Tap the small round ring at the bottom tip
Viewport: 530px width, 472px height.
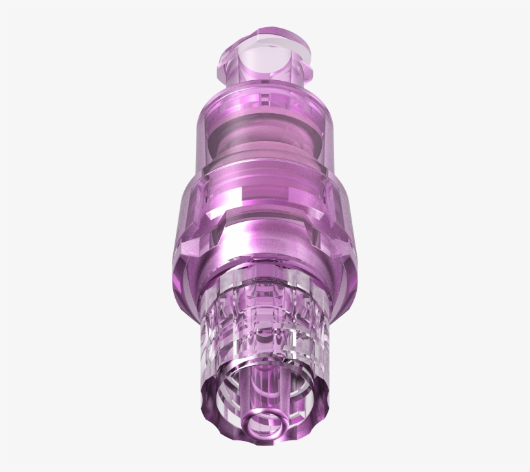point(266,424)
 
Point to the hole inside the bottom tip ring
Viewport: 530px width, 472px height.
point(266,425)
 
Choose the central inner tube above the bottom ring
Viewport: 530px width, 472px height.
point(265,388)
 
